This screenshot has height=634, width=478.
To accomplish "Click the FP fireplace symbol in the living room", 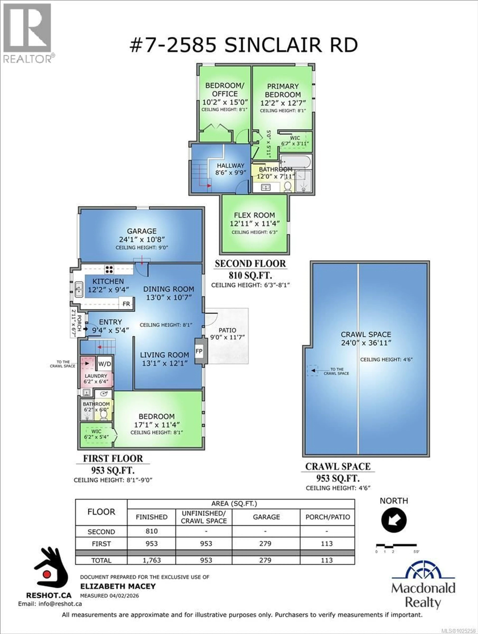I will click(x=199, y=351).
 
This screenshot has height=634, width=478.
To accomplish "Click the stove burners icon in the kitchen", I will click(x=109, y=269).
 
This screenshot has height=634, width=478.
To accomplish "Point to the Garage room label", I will click(x=142, y=231).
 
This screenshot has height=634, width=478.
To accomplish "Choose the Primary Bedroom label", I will click(x=283, y=90).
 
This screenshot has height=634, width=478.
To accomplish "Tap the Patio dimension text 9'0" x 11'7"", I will click(x=228, y=337).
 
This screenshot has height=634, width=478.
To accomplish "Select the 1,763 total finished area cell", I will click(x=152, y=560).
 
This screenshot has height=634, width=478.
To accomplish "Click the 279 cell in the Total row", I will click(x=265, y=560).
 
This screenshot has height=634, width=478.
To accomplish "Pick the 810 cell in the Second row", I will click(x=152, y=531).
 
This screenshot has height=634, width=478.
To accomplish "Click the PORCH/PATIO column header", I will click(x=328, y=517).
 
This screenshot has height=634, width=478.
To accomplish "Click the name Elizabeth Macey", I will click(x=118, y=586).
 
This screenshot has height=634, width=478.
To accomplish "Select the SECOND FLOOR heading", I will click(x=250, y=264).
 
